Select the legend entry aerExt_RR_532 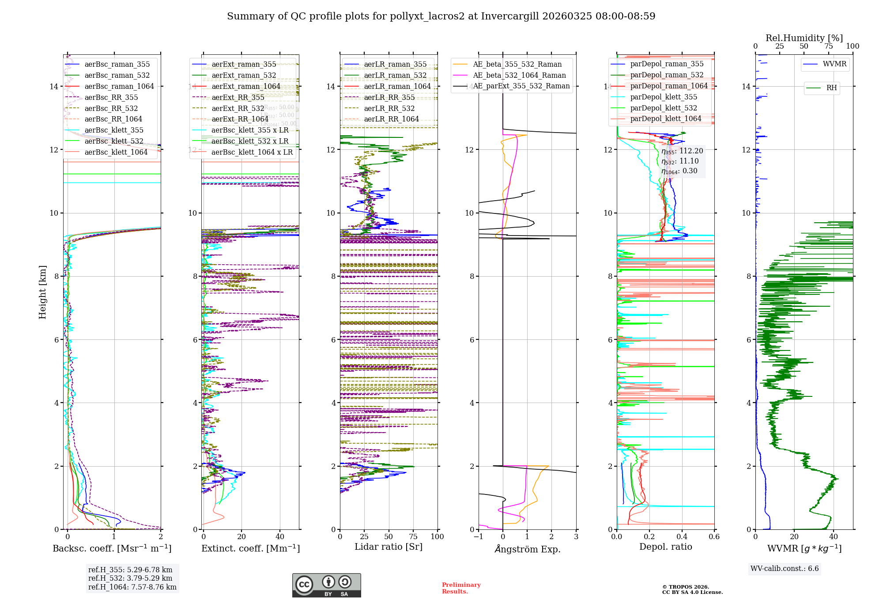238,108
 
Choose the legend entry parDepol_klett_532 664,108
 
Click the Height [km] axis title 42,292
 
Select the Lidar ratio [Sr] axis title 389,547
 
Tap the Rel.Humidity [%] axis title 804,38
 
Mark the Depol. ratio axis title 665,547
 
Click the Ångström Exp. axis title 527,549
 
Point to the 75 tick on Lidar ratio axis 413,536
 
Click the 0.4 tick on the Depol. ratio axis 682,536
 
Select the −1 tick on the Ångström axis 479,536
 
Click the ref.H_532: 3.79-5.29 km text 130,578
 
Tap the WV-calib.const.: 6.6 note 785,568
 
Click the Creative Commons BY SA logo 326,585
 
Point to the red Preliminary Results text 461,588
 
